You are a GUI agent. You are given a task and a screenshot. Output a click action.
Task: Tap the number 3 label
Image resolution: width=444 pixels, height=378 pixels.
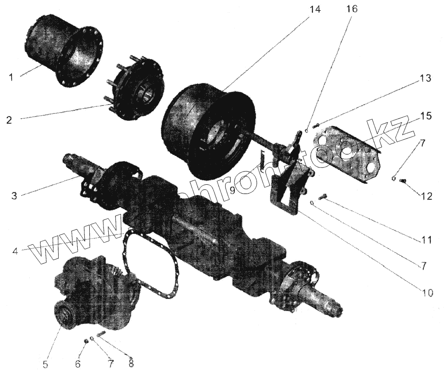[15, 195]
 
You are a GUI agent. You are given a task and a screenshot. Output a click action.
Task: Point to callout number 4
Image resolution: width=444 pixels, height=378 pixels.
[15, 251]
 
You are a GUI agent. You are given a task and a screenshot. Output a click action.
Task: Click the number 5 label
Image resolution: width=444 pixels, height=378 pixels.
[46, 364]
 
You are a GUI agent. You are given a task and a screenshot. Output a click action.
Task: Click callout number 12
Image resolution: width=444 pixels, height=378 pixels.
[427, 195]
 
